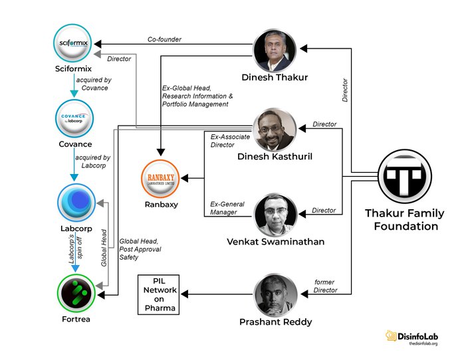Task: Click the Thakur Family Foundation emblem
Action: [402, 176]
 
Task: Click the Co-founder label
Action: [164, 40]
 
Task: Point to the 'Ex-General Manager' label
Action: [224, 208]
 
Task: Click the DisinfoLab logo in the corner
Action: [411, 337]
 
